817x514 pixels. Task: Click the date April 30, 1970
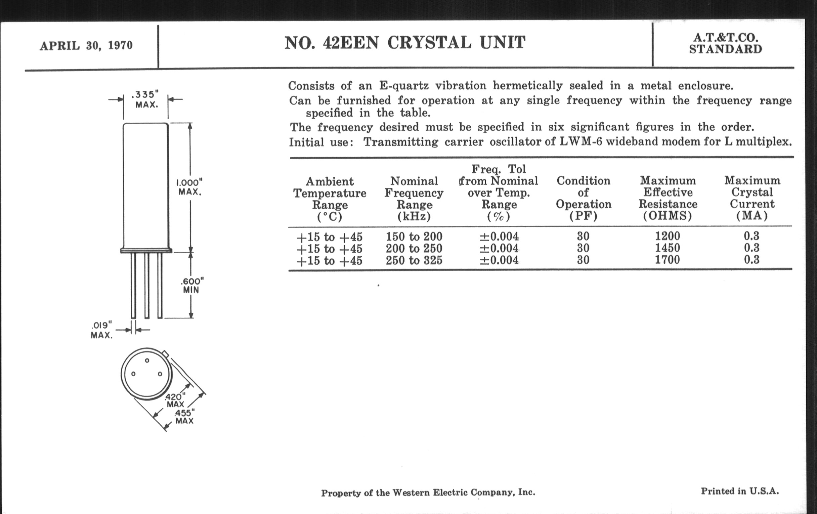86,45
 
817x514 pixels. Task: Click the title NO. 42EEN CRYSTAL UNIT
405,43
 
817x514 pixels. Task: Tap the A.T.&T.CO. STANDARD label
725,43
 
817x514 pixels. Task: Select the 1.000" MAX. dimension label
190,187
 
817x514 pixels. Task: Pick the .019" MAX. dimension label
101,330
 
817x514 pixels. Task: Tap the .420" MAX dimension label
175,400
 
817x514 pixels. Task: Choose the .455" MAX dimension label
184,417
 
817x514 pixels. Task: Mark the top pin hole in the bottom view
147,360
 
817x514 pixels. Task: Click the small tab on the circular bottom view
165,354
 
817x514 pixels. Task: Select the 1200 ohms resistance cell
668,236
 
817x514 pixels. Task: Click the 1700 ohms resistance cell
668,260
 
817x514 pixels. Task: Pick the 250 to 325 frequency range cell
414,260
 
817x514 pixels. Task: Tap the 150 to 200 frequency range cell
414,237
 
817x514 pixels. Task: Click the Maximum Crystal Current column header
752,198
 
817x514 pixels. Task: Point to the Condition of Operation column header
584,198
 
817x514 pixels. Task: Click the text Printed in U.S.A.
740,491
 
